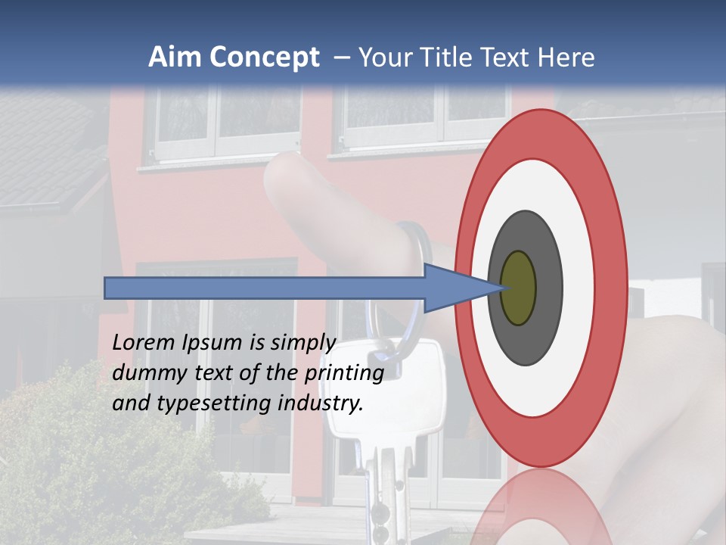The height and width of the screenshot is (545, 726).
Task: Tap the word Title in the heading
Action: [442, 57]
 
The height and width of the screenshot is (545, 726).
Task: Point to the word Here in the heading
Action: [568, 57]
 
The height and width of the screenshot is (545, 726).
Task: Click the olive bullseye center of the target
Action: [518, 288]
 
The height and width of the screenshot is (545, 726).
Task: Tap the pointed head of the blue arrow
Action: [484, 288]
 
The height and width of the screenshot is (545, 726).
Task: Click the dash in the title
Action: [341, 58]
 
